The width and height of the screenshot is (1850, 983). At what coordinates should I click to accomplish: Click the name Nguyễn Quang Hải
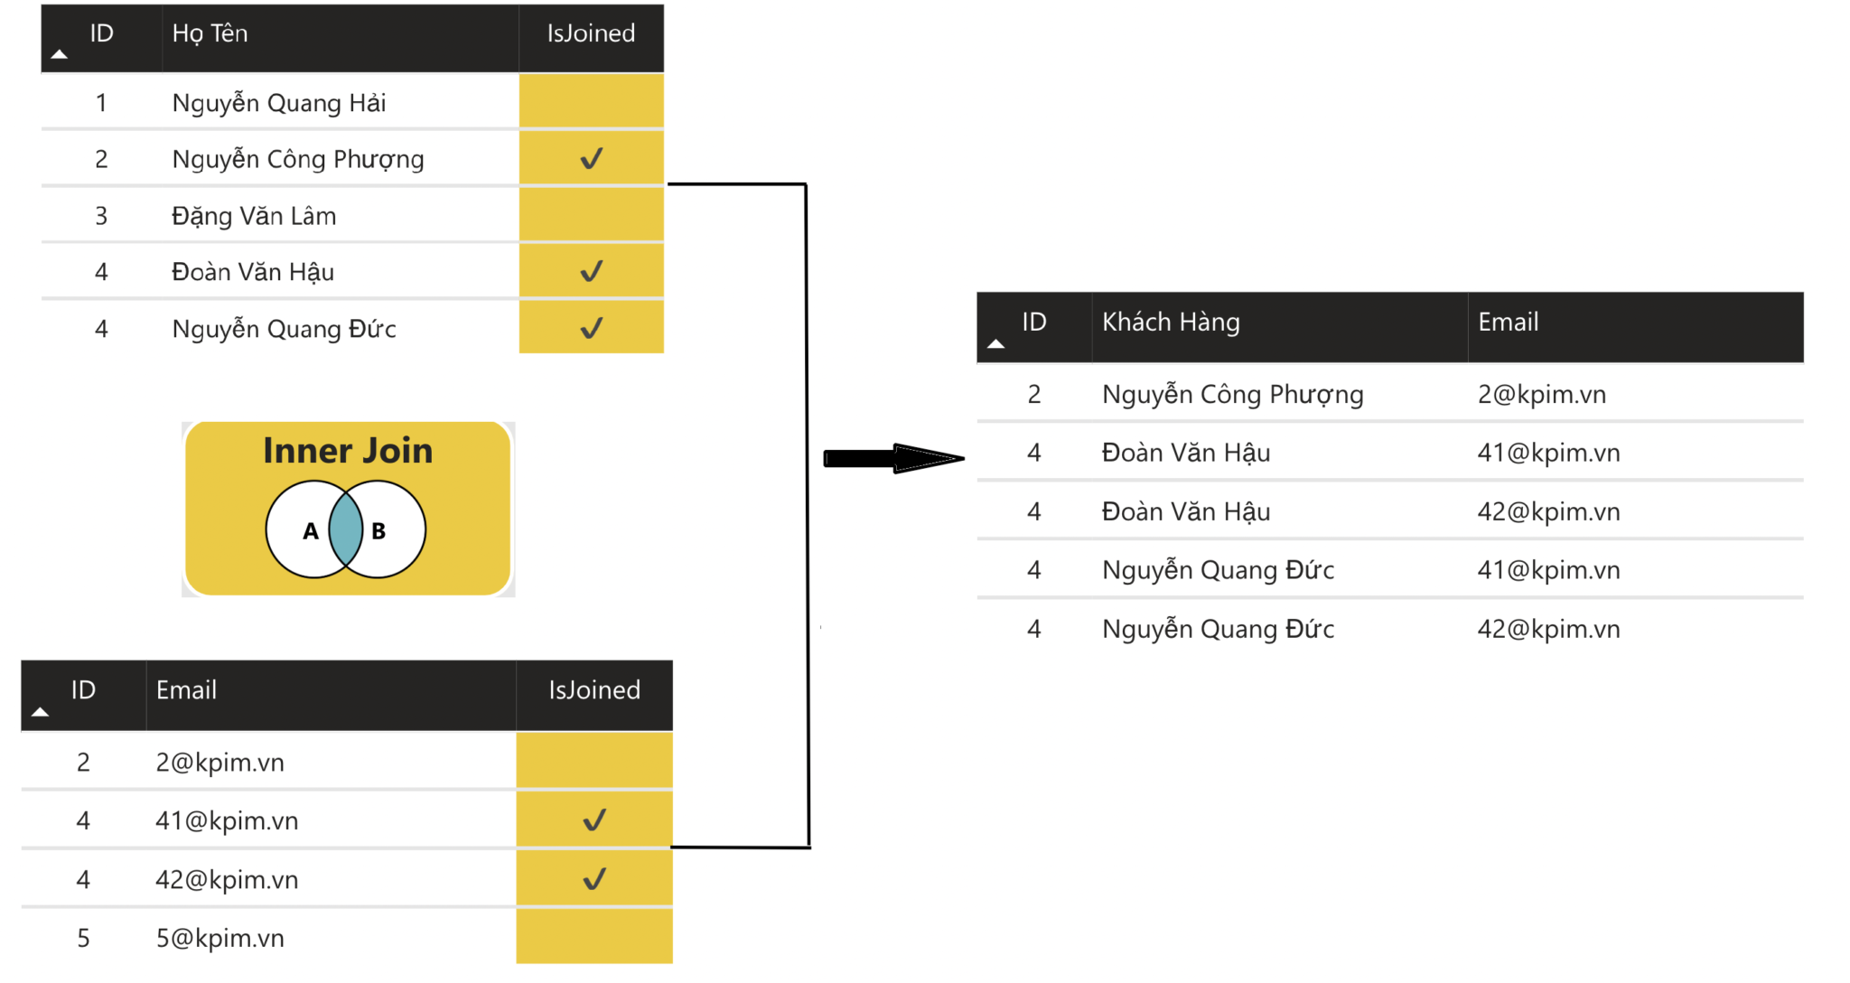click(278, 103)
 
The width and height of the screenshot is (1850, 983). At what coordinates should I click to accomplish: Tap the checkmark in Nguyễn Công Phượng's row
click(592, 159)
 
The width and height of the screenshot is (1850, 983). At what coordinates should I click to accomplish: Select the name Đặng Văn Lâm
click(254, 216)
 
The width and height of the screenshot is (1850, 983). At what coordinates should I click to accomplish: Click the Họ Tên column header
click(210, 33)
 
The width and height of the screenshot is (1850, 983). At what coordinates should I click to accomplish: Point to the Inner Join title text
click(348, 450)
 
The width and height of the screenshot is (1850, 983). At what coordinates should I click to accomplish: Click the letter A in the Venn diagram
click(310, 531)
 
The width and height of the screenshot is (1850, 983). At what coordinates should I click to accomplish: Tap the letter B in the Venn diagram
click(378, 531)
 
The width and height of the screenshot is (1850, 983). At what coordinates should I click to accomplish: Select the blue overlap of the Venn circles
click(345, 529)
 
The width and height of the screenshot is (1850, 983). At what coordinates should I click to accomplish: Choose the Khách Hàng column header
click(1171, 322)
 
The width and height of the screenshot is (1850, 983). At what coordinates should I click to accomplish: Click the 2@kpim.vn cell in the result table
click(1541, 394)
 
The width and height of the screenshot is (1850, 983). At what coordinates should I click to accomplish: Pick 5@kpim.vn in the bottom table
click(220, 938)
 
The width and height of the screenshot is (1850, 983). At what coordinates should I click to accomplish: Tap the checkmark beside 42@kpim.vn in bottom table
click(594, 879)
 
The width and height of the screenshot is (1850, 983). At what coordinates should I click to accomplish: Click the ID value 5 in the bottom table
click(83, 938)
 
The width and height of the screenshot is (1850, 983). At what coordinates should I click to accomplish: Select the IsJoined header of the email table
click(594, 690)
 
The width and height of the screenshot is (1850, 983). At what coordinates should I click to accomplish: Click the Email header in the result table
click(1508, 322)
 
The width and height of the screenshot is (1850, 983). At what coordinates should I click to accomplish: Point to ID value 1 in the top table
click(101, 103)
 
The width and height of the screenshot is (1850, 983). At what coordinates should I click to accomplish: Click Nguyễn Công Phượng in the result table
click(1232, 394)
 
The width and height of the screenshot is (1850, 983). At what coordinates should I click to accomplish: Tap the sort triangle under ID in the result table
click(995, 344)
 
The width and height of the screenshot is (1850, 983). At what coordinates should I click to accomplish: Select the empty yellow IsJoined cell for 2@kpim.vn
click(594, 761)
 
